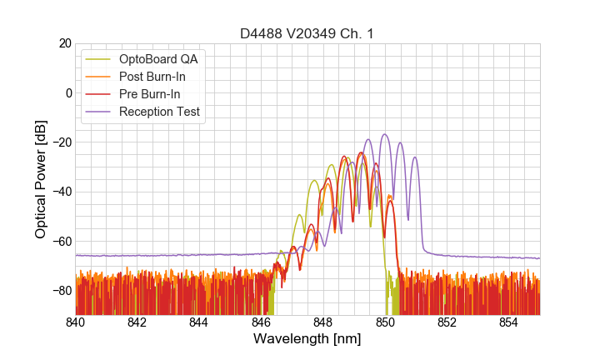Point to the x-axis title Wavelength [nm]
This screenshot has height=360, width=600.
point(307,339)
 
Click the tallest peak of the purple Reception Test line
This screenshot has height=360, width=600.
point(384,134)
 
